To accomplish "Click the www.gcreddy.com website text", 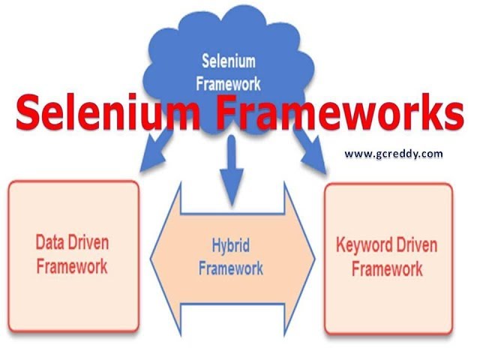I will click(x=393, y=154).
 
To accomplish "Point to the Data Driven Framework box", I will click(x=73, y=255).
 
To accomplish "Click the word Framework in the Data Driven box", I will click(x=72, y=265).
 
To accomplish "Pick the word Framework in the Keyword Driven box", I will click(x=387, y=268).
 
